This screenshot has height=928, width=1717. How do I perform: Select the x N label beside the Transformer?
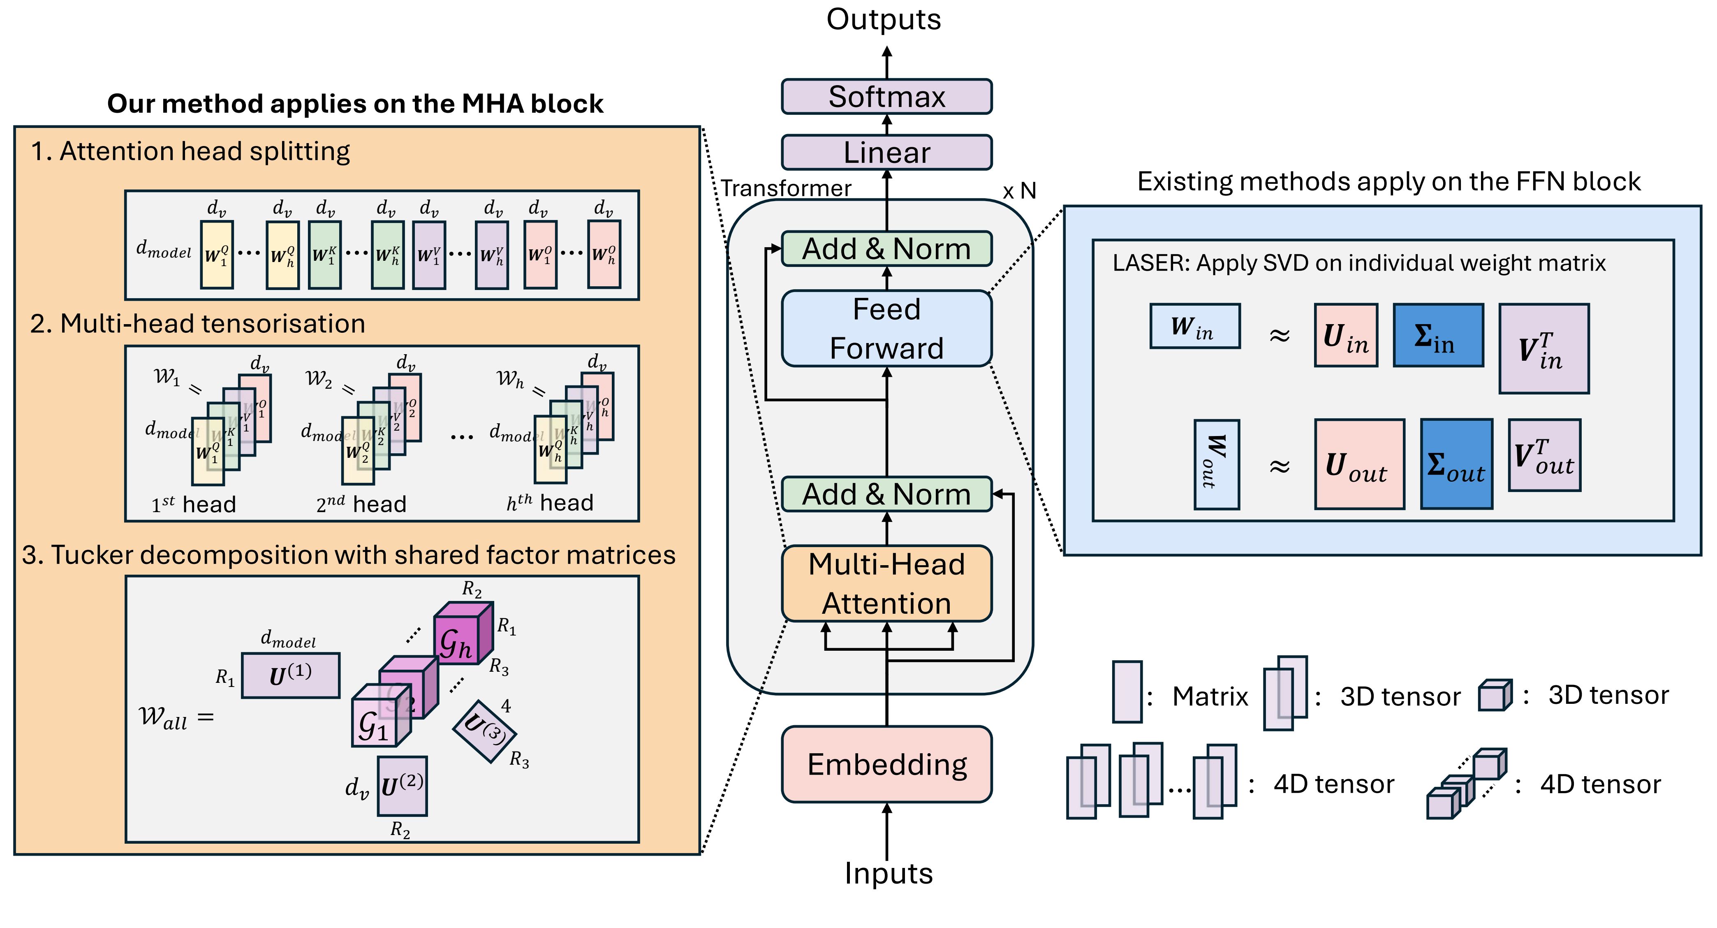click(x=1019, y=191)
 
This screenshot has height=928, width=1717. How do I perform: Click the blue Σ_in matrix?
click(x=1438, y=335)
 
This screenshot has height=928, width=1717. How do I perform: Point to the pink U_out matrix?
click(x=1359, y=464)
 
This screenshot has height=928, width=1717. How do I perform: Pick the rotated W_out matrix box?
click(x=1216, y=464)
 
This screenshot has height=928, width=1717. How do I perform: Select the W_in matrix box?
click(x=1194, y=326)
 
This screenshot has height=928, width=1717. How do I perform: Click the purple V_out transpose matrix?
click(x=1544, y=455)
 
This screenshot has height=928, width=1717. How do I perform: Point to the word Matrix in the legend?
click(x=1210, y=697)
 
